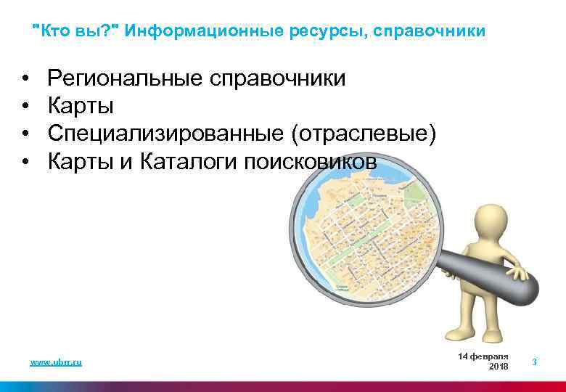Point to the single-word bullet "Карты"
pyautogui.click(x=81, y=107)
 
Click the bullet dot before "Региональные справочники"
pyautogui.click(x=25, y=78)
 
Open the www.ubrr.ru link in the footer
pyautogui.click(x=56, y=362)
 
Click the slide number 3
pyautogui.click(x=534, y=362)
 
